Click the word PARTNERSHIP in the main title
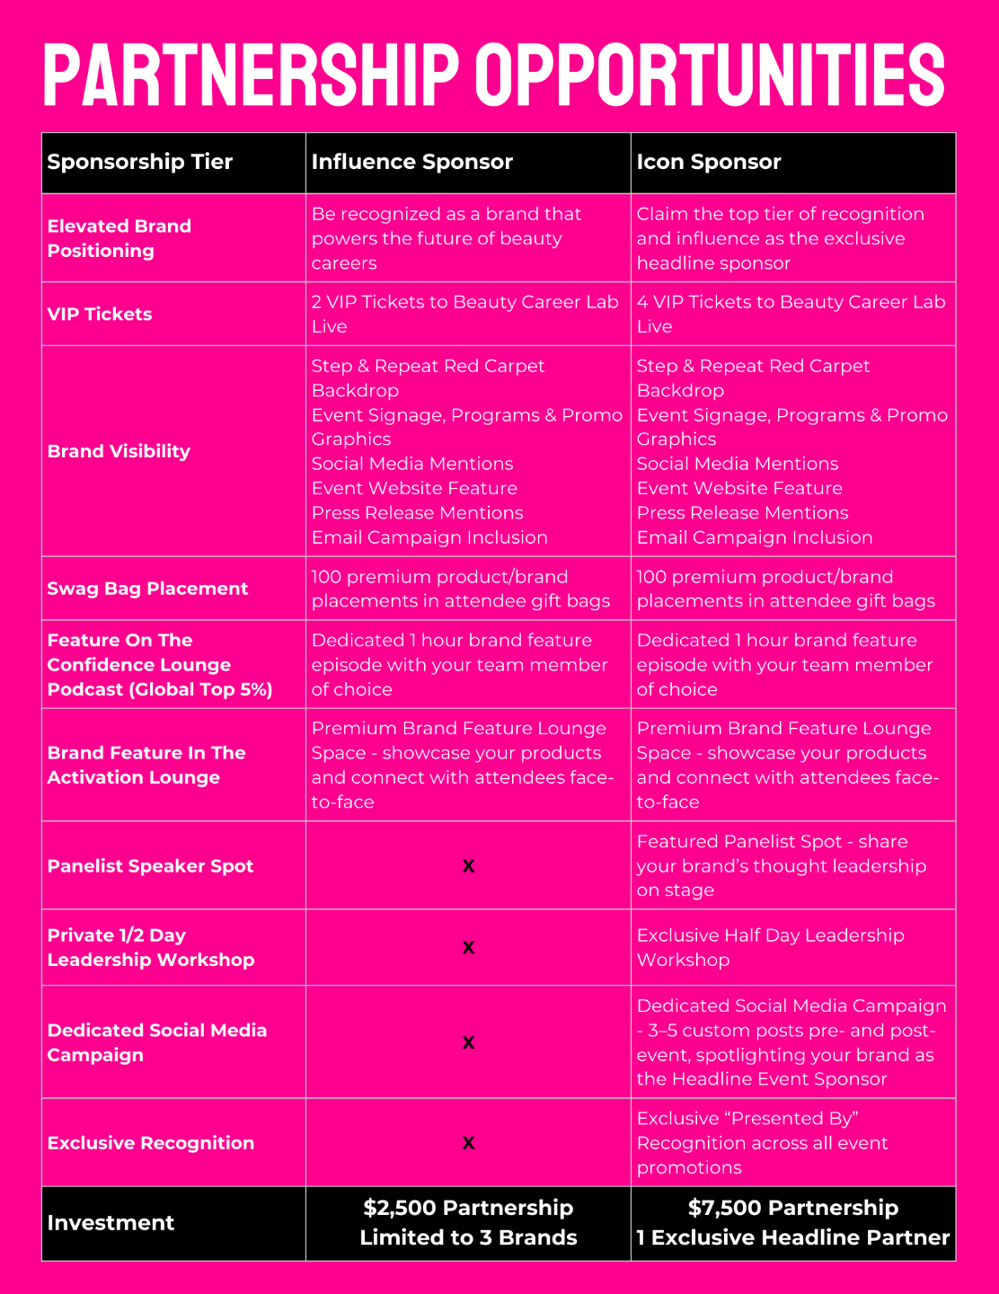pos(252,75)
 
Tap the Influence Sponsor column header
pos(412,162)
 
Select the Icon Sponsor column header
pos(709,162)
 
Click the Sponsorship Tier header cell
pos(140,162)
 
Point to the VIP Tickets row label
pos(100,314)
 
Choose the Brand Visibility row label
pos(119,451)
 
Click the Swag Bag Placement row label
pos(147,589)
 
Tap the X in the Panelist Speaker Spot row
pos(468,866)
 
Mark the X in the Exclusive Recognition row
pos(468,1143)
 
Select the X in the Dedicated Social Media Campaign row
pos(468,1042)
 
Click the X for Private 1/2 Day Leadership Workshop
pos(468,947)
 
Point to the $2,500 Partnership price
pos(468,1208)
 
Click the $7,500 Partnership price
pos(793,1208)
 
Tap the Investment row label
pos(111,1223)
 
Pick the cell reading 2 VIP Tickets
pos(464,314)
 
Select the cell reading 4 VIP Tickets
pos(791,314)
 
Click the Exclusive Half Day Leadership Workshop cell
pos(770,947)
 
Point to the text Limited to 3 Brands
pos(468,1237)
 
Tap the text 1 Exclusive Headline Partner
pos(793,1237)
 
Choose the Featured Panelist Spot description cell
pos(781,865)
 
